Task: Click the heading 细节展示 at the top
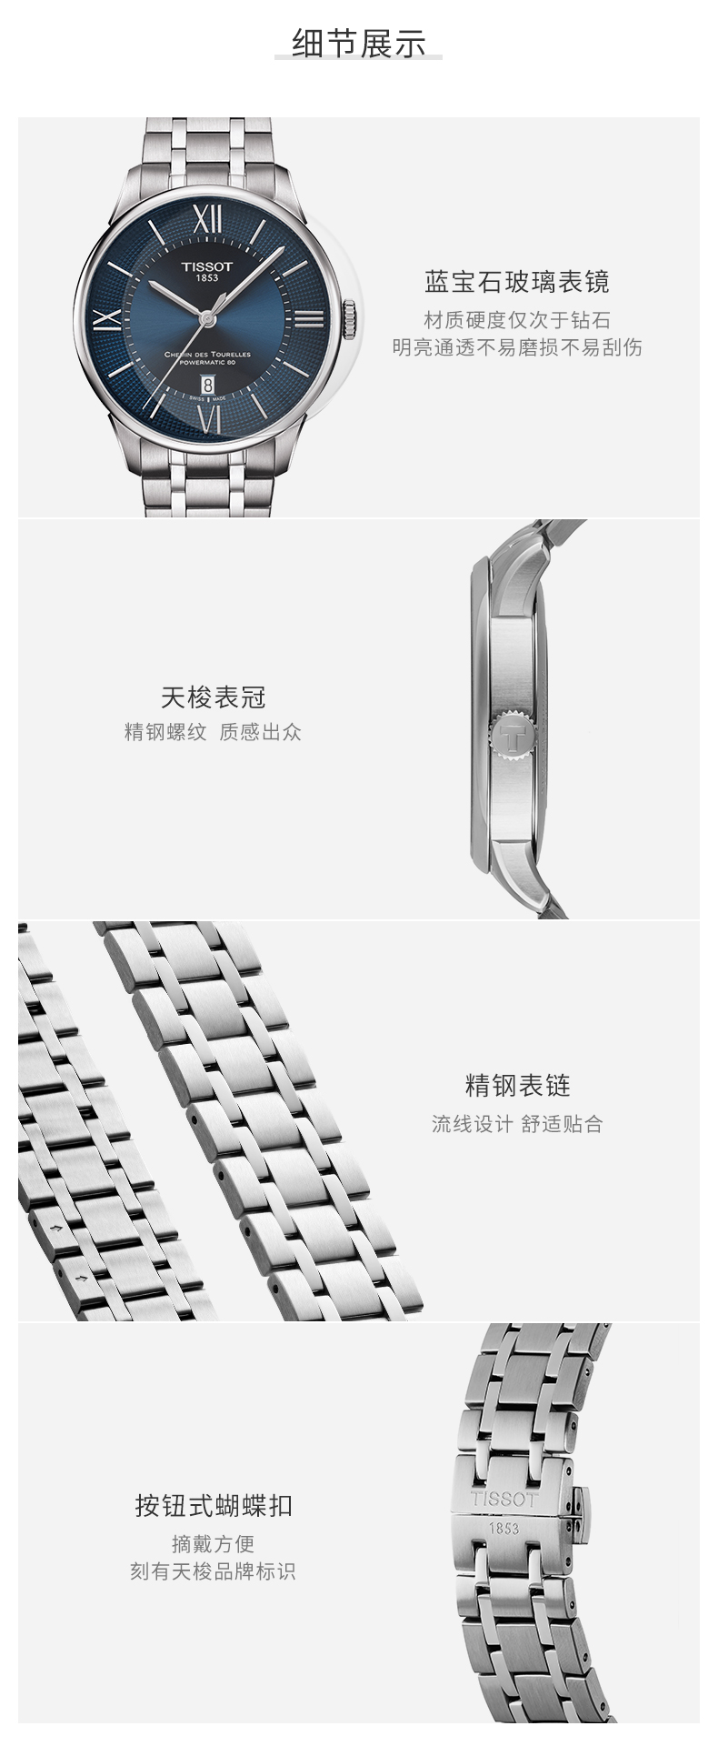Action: [358, 43]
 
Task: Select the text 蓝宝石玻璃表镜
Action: [516, 283]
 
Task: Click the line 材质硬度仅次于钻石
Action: [516, 320]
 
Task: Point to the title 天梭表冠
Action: [213, 697]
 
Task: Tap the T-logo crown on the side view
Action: [512, 732]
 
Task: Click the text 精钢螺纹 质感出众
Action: [213, 732]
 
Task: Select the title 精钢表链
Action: [517, 1085]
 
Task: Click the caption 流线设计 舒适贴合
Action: [517, 1124]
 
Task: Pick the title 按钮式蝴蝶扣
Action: [214, 1505]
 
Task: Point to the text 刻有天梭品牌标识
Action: [213, 1571]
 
